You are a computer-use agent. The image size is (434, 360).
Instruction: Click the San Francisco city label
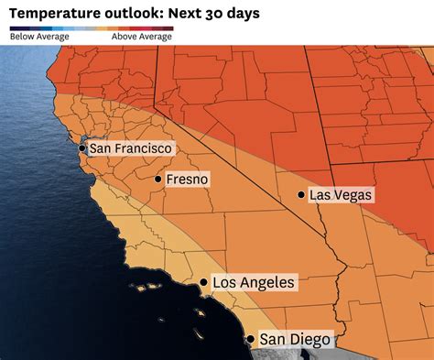[x=130, y=147]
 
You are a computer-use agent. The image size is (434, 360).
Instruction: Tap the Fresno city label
[x=187, y=180]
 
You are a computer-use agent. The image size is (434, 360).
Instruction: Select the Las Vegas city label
[x=342, y=195]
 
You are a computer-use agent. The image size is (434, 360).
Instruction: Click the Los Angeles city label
[x=254, y=283]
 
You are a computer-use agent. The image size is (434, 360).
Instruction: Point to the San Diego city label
[x=294, y=340]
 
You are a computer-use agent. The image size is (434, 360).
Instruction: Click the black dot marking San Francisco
[x=82, y=147]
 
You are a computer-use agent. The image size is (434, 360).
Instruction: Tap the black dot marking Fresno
[x=158, y=180]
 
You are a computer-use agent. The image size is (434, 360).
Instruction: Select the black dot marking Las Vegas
[x=301, y=194]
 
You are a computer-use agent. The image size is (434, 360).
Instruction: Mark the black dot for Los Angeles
[x=203, y=283]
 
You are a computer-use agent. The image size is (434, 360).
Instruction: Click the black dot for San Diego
[x=251, y=339]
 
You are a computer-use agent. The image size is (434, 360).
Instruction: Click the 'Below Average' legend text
[x=38, y=38]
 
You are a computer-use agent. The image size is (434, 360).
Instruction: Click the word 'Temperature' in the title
[x=51, y=14]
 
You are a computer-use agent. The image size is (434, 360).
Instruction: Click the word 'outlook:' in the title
[x=128, y=14]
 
